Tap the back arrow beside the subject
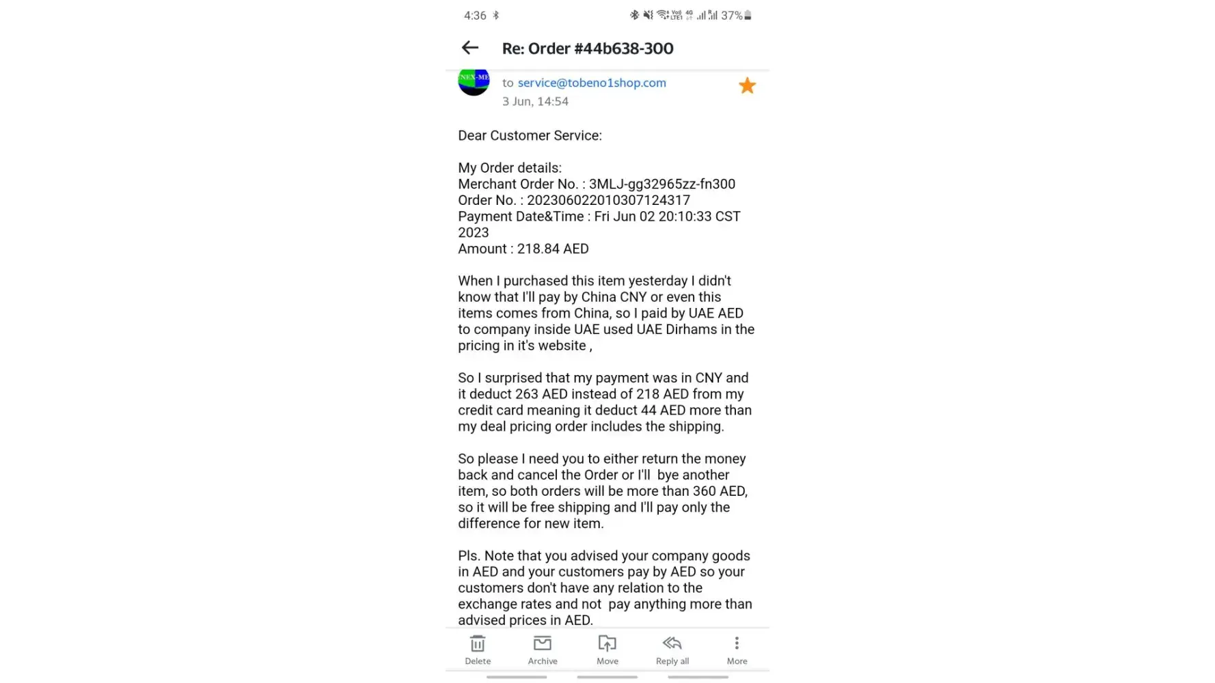click(469, 48)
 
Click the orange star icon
click(747, 85)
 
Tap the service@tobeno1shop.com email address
click(592, 83)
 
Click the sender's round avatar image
click(474, 81)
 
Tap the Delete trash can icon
click(478, 643)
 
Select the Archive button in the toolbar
click(543, 643)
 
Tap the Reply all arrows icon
click(672, 643)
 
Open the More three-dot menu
click(737, 643)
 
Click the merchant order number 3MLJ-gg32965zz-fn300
click(662, 184)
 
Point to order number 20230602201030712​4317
click(608, 200)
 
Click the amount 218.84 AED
click(553, 249)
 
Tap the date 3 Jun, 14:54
click(535, 102)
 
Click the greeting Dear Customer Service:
click(530, 135)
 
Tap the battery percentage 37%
click(731, 15)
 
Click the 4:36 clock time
click(475, 15)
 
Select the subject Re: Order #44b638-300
click(588, 48)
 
